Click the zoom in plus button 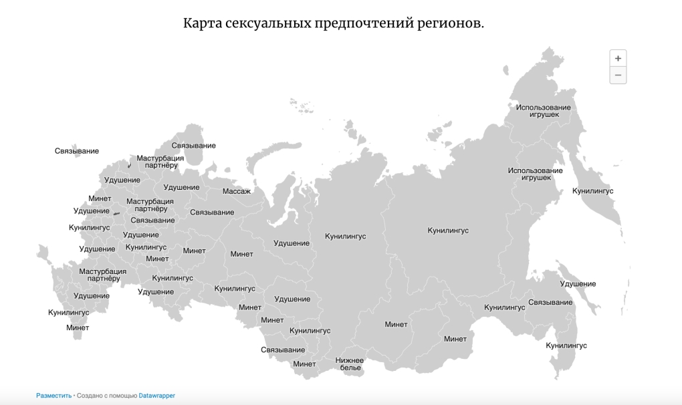(618, 58)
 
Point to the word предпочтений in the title (358, 23)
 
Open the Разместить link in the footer (53, 396)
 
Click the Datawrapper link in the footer (157, 396)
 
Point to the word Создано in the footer (90, 396)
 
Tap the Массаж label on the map (237, 191)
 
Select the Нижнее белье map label (350, 364)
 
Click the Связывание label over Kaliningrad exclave (77, 151)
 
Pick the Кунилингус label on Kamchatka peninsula (592, 191)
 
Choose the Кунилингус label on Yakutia (448, 231)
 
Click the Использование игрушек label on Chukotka (544, 111)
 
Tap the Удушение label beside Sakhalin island (578, 284)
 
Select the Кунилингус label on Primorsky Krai (566, 346)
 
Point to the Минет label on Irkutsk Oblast (396, 325)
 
